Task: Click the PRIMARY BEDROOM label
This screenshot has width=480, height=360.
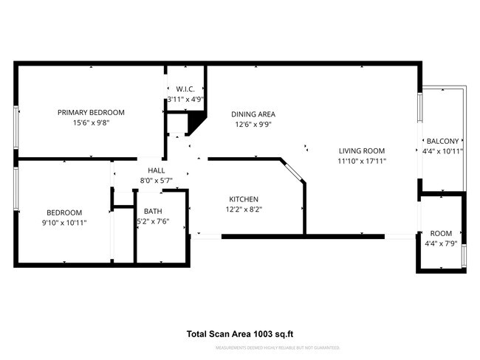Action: (x=91, y=112)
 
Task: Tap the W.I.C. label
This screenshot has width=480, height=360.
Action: (x=185, y=89)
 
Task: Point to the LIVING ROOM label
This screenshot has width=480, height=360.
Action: (x=362, y=150)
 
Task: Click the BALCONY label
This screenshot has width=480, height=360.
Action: (x=442, y=142)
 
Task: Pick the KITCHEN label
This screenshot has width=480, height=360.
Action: (x=243, y=199)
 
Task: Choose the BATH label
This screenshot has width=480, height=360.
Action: (x=153, y=211)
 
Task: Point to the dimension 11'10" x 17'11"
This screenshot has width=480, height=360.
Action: (x=362, y=161)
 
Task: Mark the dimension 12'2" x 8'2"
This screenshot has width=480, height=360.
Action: (x=243, y=210)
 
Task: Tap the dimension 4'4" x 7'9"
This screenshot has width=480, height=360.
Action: (x=441, y=243)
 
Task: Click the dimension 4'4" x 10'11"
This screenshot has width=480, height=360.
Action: (x=442, y=152)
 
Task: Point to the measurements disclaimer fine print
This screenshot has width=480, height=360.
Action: (x=287, y=347)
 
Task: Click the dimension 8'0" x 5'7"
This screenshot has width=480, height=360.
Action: (x=156, y=181)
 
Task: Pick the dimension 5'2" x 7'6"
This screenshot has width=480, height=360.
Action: (x=153, y=221)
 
